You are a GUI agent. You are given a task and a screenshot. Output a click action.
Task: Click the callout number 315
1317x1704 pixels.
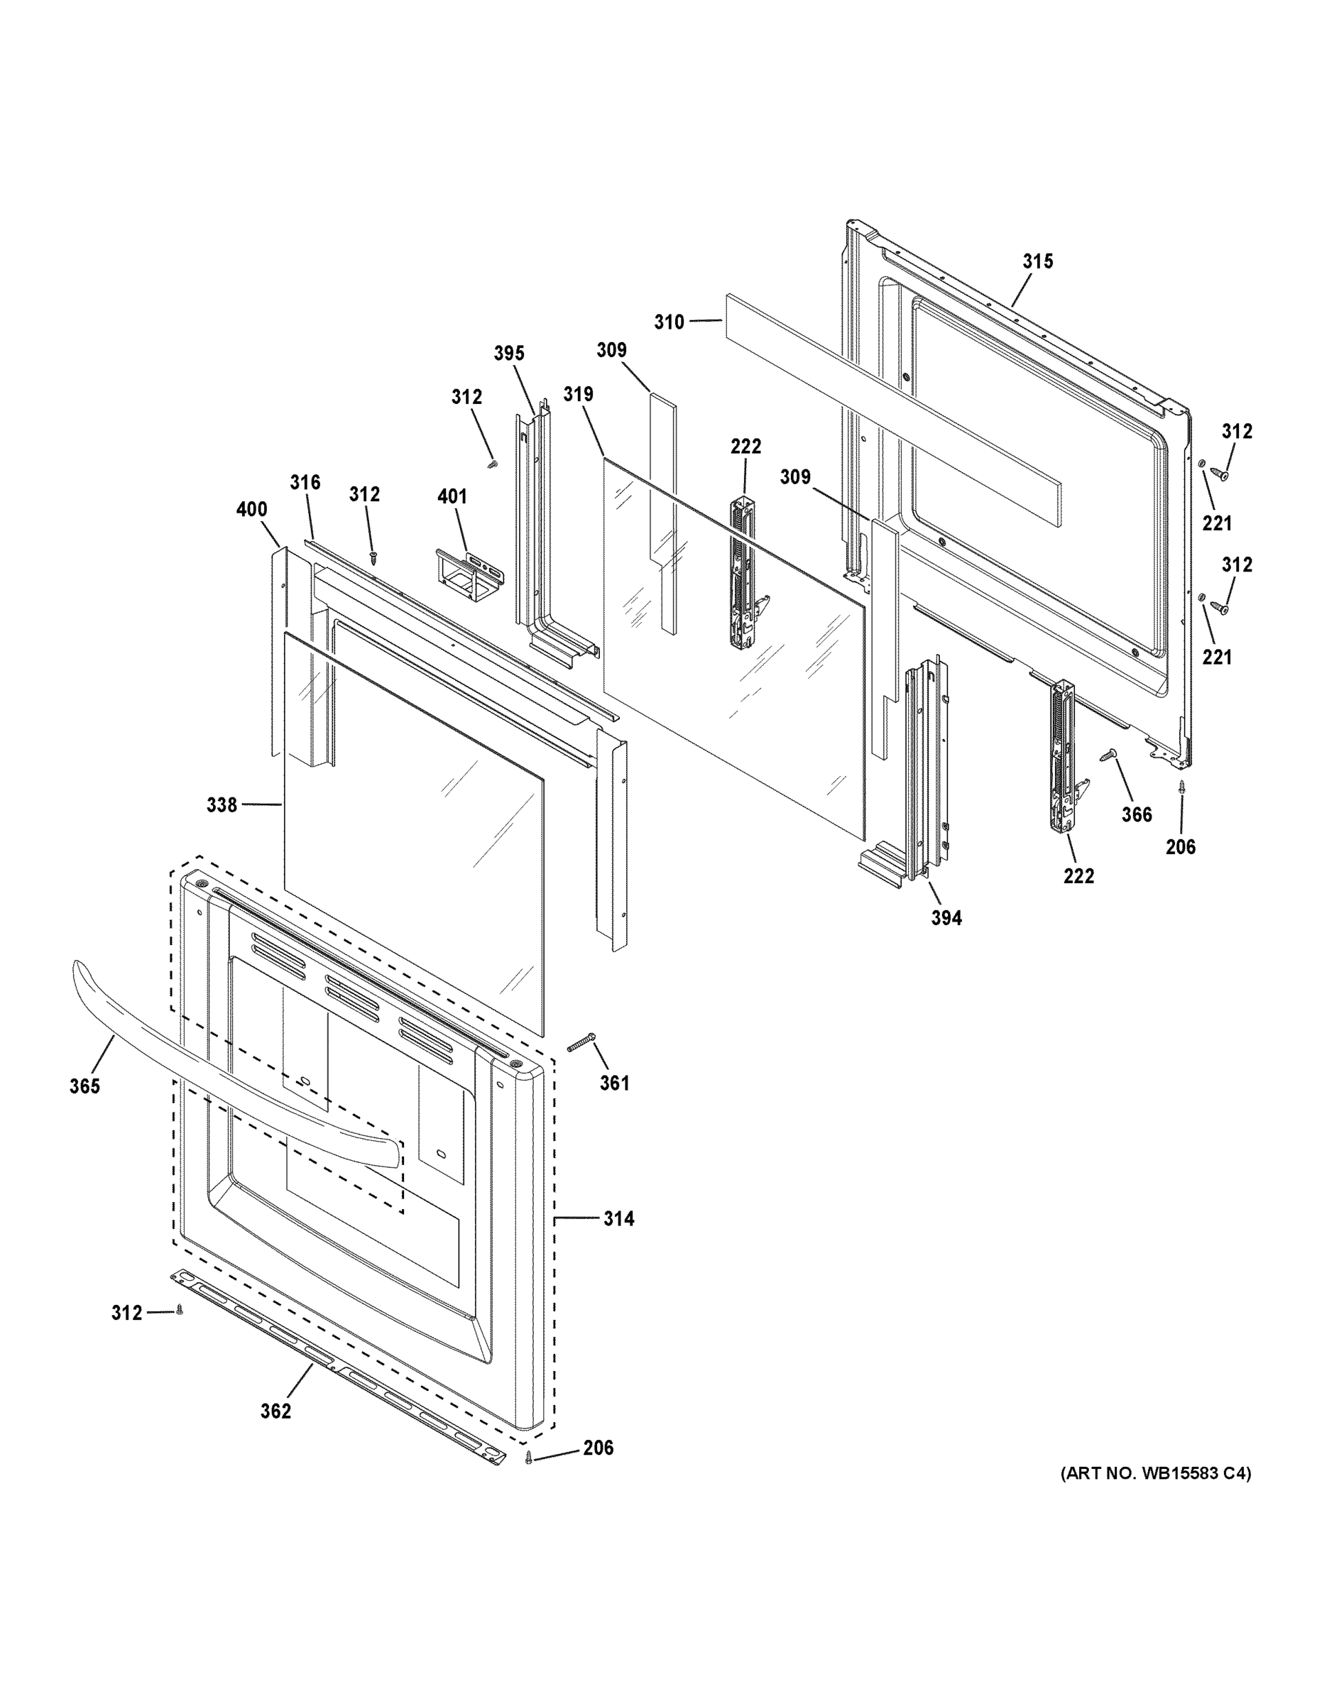[x=1038, y=262]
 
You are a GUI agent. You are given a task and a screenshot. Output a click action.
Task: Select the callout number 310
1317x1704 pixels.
[x=669, y=322]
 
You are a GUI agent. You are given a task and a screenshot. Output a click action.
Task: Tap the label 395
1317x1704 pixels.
[x=509, y=354]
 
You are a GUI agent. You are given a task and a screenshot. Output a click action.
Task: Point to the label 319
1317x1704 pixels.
[x=578, y=395]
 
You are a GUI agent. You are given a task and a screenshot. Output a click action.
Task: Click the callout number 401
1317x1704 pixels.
[x=452, y=496]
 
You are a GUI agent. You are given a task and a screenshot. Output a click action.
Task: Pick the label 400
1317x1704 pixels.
[x=251, y=510]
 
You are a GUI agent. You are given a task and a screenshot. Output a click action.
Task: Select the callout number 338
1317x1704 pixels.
[x=222, y=804]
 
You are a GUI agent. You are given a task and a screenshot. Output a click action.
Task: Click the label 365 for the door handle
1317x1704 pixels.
[x=84, y=1086]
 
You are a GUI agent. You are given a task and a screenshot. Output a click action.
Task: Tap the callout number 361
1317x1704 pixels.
[x=614, y=1083]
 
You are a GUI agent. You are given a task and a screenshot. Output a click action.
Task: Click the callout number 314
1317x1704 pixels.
[x=618, y=1218]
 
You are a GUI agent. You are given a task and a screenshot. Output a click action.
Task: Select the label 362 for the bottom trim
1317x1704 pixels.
[x=275, y=1411]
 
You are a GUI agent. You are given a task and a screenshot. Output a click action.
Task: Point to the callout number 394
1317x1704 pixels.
[x=946, y=918]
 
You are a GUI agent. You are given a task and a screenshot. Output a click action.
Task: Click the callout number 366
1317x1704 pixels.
[x=1137, y=814]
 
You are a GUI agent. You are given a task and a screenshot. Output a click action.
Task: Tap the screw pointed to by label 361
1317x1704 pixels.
[x=581, y=1042]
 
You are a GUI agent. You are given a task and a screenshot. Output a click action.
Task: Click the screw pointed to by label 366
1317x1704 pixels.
[x=1108, y=755]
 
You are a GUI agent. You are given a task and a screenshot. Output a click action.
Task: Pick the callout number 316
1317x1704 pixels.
[x=305, y=483]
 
